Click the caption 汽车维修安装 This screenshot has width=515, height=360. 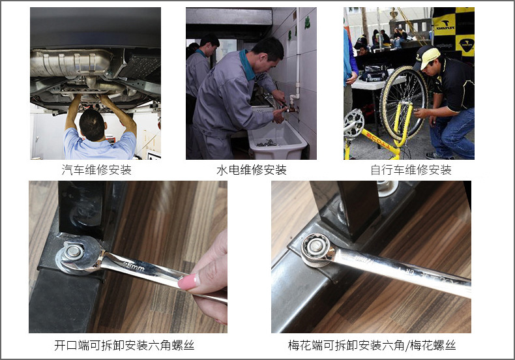96,170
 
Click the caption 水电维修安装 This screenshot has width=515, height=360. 252,170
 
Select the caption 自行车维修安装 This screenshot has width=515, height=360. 411,170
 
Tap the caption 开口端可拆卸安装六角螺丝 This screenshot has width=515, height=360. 124,345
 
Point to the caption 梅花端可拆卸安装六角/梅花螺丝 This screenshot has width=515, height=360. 372,345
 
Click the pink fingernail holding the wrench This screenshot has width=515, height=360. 189,282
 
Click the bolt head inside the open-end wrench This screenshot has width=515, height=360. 73,251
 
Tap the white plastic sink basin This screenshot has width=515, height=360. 278,140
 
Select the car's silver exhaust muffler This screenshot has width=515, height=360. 70,63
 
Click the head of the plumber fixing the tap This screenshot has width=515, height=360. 267,53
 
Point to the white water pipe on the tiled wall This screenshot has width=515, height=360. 297,59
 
